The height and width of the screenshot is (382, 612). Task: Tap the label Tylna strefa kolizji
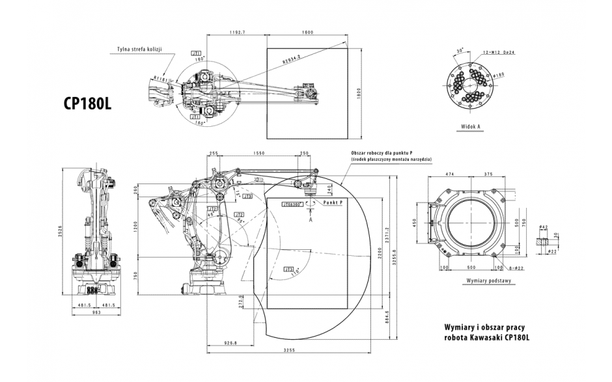(x=138, y=49)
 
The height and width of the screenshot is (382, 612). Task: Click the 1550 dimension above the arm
(x=259, y=154)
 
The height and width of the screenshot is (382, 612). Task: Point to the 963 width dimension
(x=95, y=312)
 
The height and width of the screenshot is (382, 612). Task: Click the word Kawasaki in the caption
(x=492, y=336)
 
